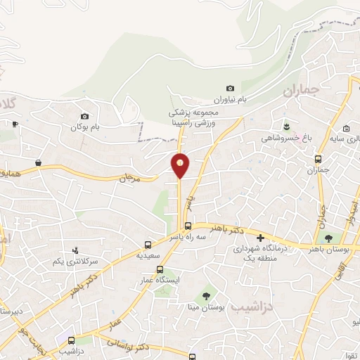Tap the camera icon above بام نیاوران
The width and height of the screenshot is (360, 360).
coord(231,88)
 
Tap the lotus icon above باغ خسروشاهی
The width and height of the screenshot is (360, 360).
coord(285,126)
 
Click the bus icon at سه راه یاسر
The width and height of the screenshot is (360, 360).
coord(188,226)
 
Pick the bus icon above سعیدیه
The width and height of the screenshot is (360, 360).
coord(148,245)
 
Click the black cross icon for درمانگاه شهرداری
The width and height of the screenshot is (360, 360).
coord(260,239)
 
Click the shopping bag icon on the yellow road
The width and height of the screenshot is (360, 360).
coord(37,162)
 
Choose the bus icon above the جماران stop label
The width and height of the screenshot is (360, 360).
coord(319,159)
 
